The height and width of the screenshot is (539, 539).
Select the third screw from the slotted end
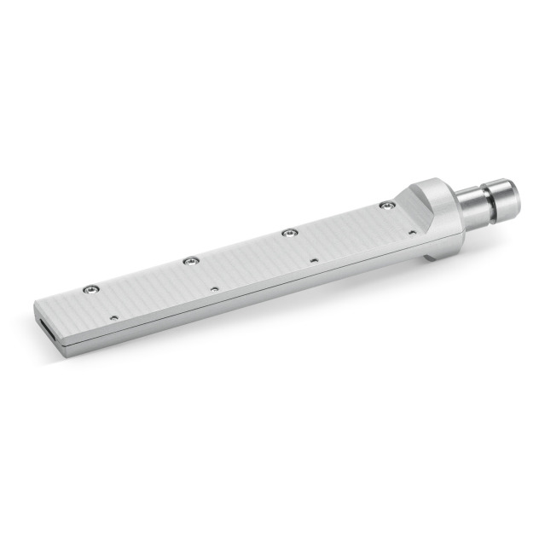pos(290,232)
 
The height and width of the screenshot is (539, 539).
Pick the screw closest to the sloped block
pos(387,206)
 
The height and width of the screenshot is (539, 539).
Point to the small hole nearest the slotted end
pos(114,317)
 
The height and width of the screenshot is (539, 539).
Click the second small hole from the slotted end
pos(214,289)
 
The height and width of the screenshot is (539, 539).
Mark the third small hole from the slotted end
pos(314,260)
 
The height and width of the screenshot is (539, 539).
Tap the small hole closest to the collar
pos(412,232)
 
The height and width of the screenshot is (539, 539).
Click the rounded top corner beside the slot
pos(38,304)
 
